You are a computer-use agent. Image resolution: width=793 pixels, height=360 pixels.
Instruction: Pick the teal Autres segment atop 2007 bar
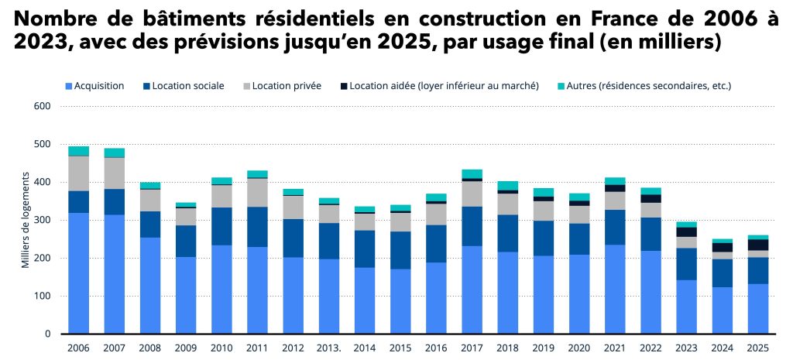[x=115, y=153]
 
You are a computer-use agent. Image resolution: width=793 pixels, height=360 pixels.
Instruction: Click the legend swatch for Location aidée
[x=343, y=86]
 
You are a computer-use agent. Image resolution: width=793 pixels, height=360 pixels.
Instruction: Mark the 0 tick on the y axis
[x=46, y=334]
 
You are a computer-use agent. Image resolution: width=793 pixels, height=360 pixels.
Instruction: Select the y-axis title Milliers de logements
[x=25, y=220]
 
